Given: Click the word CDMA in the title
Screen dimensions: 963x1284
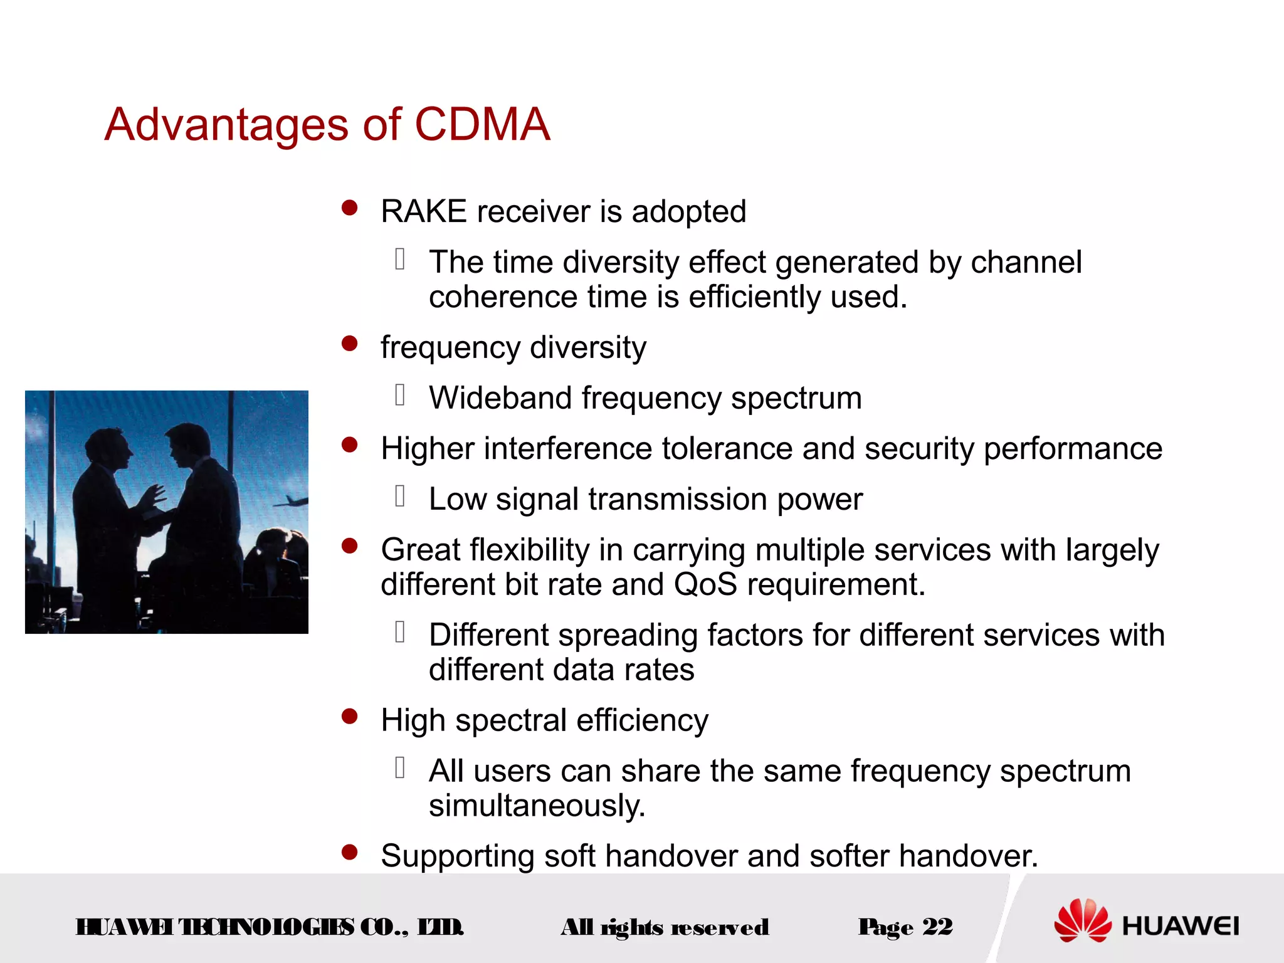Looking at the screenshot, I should click(x=482, y=124).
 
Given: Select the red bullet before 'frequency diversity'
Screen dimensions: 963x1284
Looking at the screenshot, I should click(x=349, y=344).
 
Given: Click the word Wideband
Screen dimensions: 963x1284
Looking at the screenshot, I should click(x=499, y=398).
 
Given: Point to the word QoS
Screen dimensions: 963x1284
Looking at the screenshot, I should click(x=705, y=584).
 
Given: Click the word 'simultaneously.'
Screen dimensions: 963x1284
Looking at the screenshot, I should click(x=537, y=806).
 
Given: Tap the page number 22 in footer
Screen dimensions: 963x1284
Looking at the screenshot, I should click(x=938, y=927).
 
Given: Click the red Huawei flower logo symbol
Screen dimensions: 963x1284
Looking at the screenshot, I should click(x=1083, y=920).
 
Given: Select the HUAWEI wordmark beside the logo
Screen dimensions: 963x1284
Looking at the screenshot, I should click(x=1181, y=926).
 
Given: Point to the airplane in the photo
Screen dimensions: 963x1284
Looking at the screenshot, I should click(x=292, y=501).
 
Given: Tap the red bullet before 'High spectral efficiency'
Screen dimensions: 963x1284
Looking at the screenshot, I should click(x=349, y=716).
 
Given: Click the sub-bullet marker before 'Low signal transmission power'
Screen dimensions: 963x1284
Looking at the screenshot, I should click(x=401, y=496).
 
